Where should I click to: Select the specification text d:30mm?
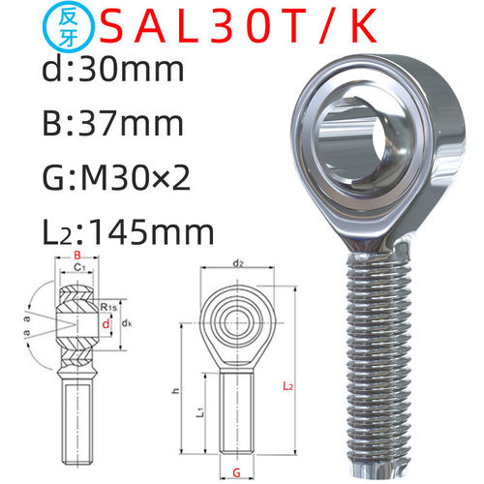coord(113,69)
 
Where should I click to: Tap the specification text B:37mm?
coord(113,124)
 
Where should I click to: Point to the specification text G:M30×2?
coord(116,178)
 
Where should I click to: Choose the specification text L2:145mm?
coord(128,232)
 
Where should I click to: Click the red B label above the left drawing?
coord(77,256)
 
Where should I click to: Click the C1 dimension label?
coord(79,267)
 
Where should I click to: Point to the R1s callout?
coord(108,307)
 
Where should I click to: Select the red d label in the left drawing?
coord(106,323)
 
